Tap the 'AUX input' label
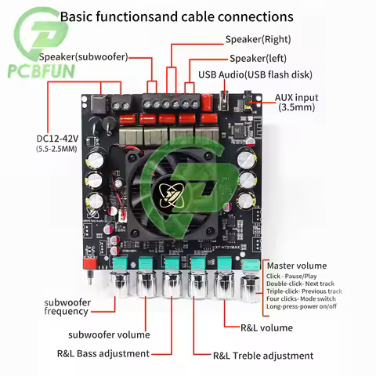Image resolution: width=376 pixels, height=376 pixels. point(295,98)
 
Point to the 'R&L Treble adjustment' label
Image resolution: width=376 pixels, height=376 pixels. point(263,356)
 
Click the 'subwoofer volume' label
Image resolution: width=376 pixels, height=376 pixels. point(114,334)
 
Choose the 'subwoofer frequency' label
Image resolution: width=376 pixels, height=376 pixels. point(67,306)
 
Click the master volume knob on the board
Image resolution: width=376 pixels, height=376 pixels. point(250,284)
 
